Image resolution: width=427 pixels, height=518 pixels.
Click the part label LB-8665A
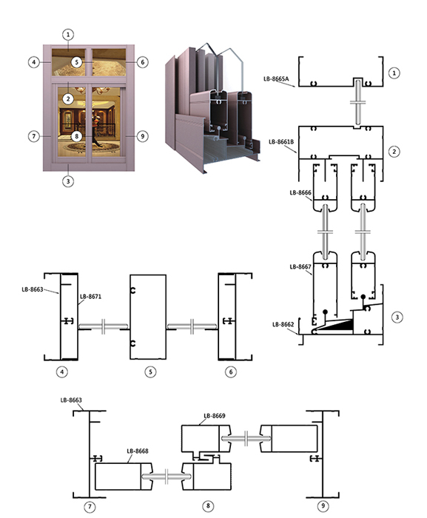[x=276, y=78]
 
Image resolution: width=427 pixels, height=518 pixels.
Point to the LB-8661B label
[x=281, y=142]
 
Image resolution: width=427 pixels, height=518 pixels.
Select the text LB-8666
[x=300, y=192]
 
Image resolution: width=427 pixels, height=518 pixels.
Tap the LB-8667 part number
[x=300, y=266]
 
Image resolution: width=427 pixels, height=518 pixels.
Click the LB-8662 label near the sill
[x=283, y=324]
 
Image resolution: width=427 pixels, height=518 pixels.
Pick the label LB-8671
[x=90, y=296]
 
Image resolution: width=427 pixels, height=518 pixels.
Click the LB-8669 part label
[x=215, y=416]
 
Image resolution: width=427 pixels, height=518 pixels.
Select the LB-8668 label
[x=138, y=451]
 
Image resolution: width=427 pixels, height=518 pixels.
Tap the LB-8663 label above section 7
[x=71, y=400]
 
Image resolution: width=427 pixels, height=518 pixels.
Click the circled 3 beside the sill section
[x=397, y=317]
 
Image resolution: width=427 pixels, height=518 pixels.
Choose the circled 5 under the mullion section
[x=150, y=371]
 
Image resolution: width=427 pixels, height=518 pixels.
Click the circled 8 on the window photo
[x=77, y=136]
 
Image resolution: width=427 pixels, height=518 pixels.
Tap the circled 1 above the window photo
[x=68, y=34]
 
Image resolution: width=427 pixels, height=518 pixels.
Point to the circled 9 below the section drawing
[x=323, y=505]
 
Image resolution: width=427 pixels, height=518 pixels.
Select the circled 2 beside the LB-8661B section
[x=394, y=152]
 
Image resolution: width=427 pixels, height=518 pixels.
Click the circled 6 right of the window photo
[x=142, y=62]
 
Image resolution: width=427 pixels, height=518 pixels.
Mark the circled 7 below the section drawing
[x=90, y=507]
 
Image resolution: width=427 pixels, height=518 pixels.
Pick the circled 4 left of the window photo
[x=34, y=62]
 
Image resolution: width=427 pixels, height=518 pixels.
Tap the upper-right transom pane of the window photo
[x=109, y=62]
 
